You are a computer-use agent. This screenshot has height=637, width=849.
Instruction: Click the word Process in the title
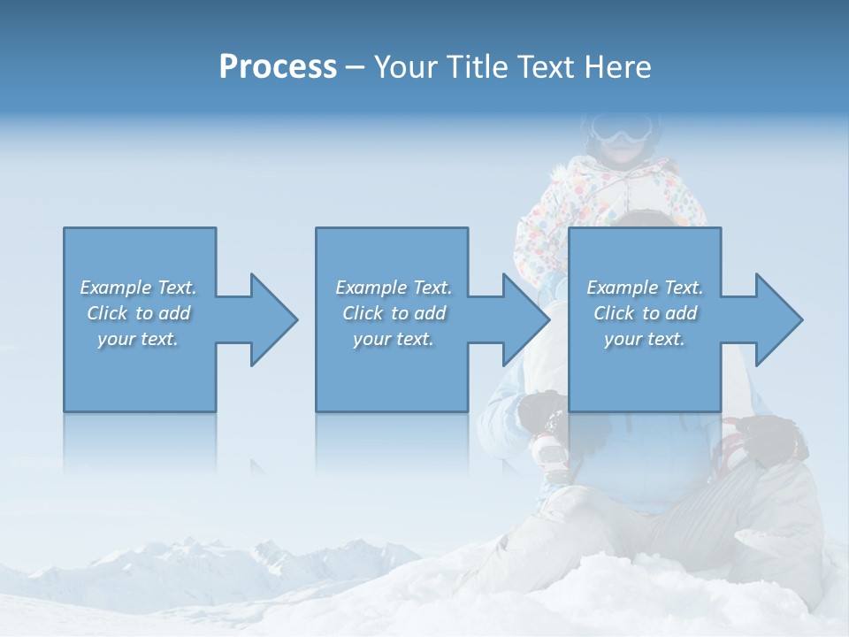[x=278, y=67]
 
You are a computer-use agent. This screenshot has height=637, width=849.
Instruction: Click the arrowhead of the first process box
[x=271, y=319]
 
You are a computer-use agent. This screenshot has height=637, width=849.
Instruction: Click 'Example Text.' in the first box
[x=138, y=288]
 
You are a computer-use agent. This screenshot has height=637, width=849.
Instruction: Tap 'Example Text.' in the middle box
[x=394, y=288]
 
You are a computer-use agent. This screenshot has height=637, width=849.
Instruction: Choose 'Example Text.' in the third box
[x=645, y=288]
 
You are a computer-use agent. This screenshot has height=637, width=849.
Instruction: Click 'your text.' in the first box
[x=138, y=339]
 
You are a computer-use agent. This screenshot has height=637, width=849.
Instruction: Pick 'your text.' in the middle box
[x=394, y=339]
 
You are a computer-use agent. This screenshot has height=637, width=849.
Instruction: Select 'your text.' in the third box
[x=645, y=339]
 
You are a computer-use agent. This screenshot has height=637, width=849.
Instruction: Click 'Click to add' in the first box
[x=138, y=313]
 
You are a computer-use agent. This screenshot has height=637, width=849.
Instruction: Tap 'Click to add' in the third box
[x=645, y=313]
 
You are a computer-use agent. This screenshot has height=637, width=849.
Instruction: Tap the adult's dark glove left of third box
[x=540, y=411]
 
